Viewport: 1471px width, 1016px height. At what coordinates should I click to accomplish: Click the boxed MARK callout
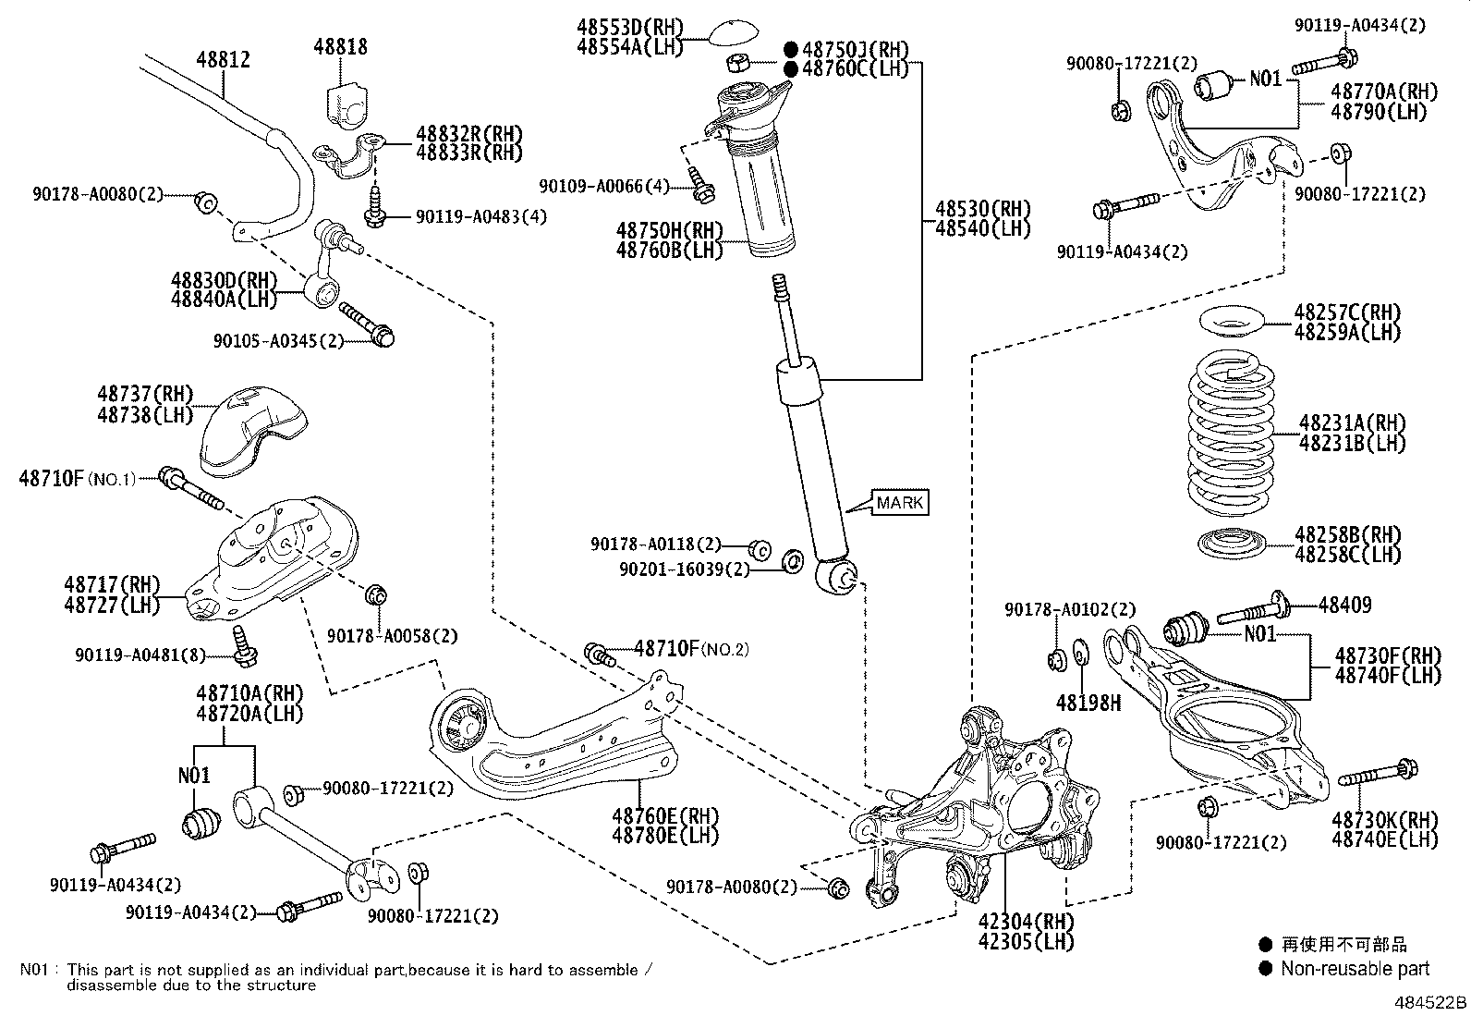pos(900,502)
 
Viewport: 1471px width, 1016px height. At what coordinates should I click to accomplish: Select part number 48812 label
pos(224,60)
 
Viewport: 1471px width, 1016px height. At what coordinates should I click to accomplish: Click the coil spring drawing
pos(1231,433)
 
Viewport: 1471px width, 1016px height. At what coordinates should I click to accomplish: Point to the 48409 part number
pos(1344,605)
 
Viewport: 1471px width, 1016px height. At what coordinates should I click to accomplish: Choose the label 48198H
pos(1088,704)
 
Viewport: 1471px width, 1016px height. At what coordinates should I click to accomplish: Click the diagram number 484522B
pos(1430,1003)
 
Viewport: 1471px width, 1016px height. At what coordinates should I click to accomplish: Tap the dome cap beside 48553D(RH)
pos(735,33)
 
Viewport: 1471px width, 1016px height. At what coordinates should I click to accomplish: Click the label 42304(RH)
pos(1026,922)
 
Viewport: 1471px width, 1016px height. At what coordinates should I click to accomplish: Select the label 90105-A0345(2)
pos(278,341)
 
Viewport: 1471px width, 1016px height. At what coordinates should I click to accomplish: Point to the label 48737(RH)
pos(145,394)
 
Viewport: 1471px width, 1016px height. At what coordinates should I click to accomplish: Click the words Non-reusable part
pos(1355,968)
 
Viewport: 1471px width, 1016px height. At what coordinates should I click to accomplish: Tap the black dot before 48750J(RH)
pos(791,49)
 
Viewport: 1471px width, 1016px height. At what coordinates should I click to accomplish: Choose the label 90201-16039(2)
pos(685,569)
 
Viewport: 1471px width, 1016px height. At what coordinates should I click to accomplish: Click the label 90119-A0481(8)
pos(140,655)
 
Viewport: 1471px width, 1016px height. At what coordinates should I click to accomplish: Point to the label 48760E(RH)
pos(665,815)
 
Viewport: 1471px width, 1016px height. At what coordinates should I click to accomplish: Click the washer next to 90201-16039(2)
pos(794,561)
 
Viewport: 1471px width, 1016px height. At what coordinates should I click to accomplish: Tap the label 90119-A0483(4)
pos(481,217)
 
